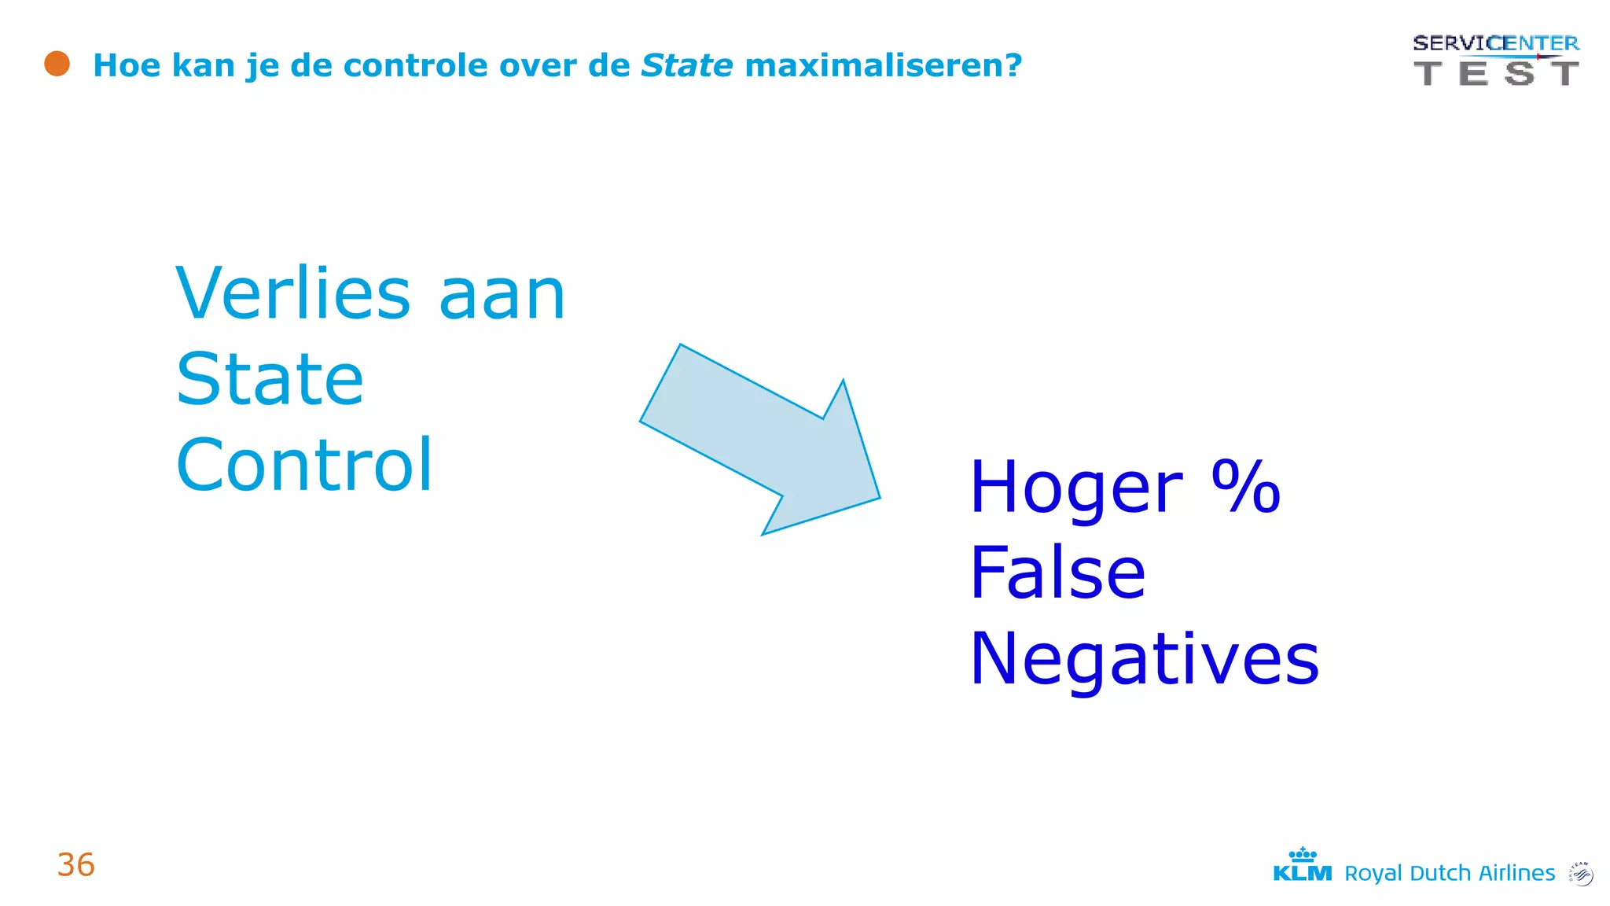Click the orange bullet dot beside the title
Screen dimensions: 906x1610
(57, 64)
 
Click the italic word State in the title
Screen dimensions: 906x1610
(686, 65)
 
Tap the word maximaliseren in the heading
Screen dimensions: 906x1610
(882, 65)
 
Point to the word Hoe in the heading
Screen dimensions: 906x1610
(126, 65)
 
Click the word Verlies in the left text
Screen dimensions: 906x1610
(292, 293)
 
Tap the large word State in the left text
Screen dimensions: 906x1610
(270, 379)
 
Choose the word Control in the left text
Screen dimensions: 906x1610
(304, 465)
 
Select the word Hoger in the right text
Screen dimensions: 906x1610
(1075, 488)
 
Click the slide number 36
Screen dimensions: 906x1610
(76, 864)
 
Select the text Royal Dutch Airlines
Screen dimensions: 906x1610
(1449, 873)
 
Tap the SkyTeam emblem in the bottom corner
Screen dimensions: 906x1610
(1580, 873)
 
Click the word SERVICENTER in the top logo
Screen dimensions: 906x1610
(1495, 43)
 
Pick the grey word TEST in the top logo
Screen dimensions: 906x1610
(1495, 73)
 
